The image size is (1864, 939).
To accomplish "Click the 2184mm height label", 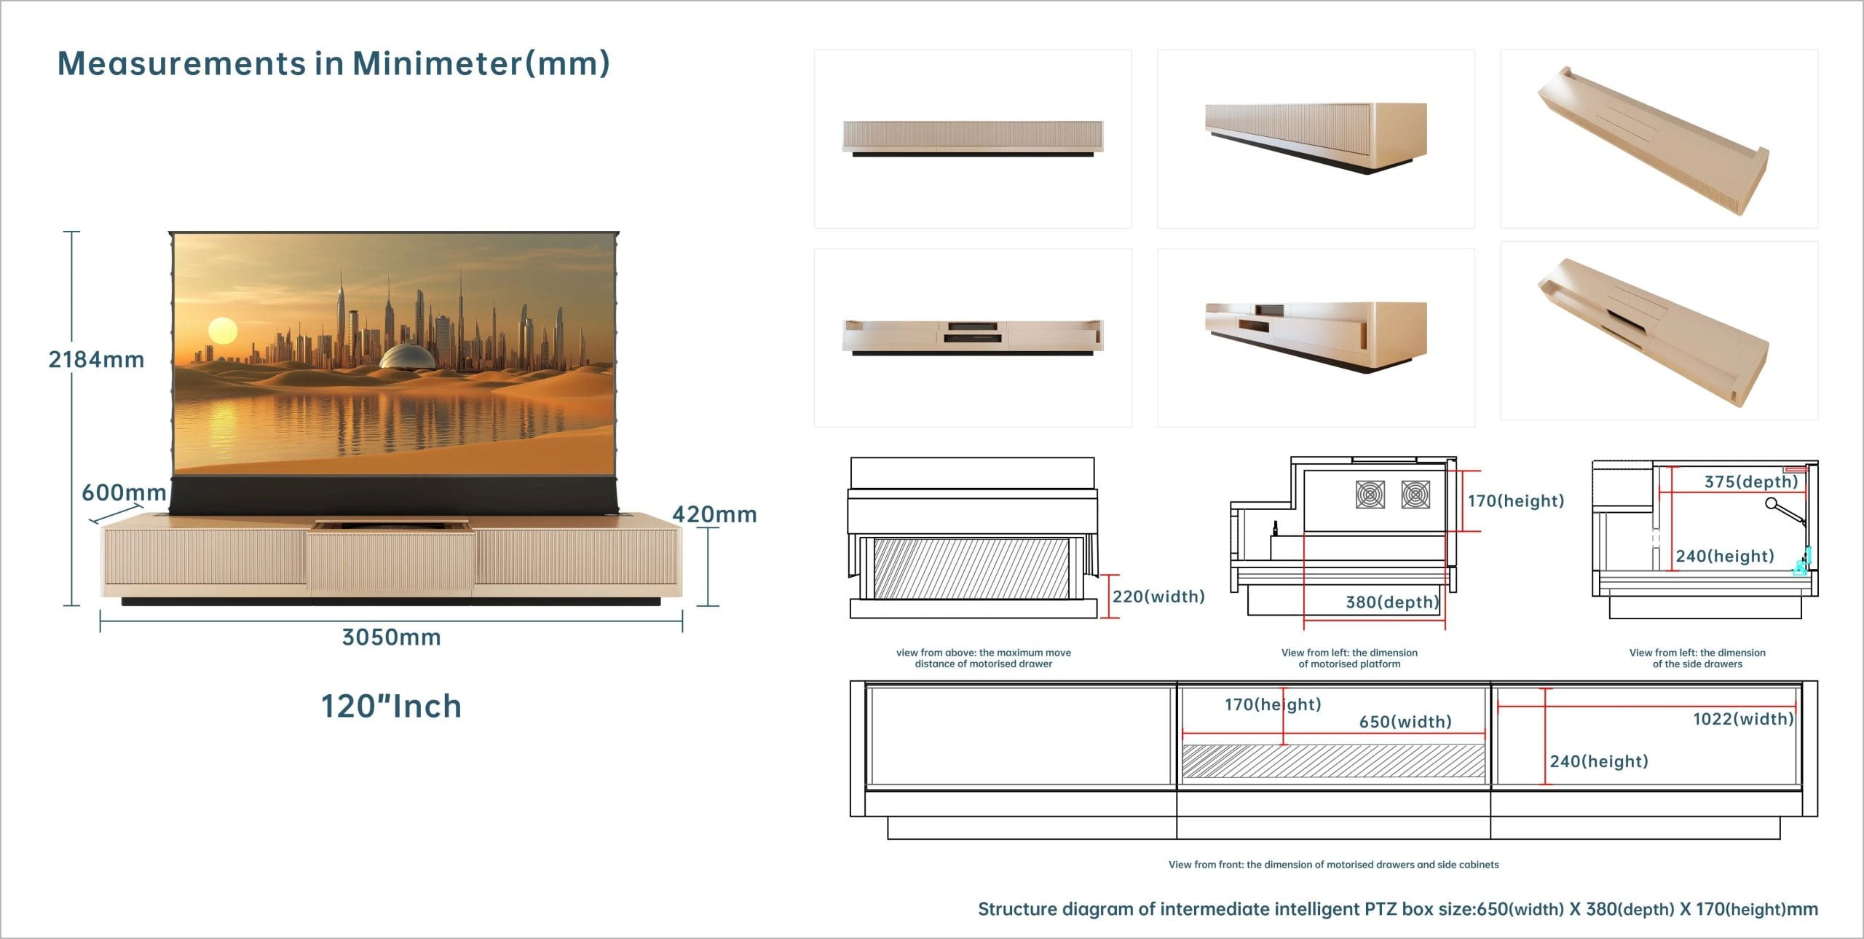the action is (x=96, y=360).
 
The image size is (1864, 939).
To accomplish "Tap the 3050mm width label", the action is (x=392, y=637).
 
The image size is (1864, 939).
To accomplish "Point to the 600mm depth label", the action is (x=124, y=492).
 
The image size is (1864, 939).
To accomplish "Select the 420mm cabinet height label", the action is (x=714, y=514).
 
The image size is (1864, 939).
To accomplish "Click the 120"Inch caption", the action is (x=392, y=706).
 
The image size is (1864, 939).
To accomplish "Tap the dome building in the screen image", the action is (x=408, y=357).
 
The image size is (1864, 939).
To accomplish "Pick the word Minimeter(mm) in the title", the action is (x=481, y=63).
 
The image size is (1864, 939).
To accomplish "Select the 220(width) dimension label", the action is (x=1158, y=597).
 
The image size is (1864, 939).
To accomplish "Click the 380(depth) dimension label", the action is (x=1392, y=602).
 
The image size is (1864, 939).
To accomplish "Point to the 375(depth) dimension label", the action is (x=1751, y=482).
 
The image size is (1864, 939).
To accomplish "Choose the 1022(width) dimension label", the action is (x=1743, y=719).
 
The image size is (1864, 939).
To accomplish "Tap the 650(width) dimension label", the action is (x=1405, y=722).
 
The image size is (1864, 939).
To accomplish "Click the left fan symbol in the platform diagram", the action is (x=1370, y=495).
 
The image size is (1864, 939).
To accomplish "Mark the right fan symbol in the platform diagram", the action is (x=1415, y=495).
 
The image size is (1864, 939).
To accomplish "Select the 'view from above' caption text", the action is (x=984, y=658).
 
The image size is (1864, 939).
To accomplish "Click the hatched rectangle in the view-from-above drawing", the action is (x=971, y=569).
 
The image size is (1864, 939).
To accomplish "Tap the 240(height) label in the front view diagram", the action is (x=1599, y=761).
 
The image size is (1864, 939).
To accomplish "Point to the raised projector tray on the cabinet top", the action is (x=390, y=524).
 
